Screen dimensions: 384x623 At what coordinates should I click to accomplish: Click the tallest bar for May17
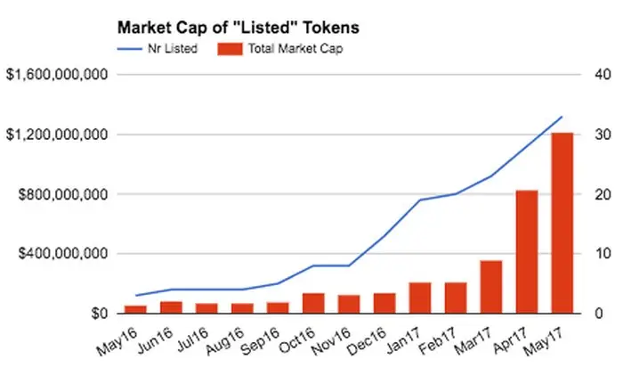(562, 223)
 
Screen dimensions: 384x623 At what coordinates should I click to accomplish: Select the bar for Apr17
(526, 251)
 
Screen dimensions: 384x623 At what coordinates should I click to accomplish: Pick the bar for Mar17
(490, 287)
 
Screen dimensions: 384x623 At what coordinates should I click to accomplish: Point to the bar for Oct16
(313, 303)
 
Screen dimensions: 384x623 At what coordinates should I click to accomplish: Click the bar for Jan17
(420, 298)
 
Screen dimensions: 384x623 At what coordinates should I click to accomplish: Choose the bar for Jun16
(171, 307)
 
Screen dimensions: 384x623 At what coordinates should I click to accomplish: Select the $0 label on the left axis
(97, 314)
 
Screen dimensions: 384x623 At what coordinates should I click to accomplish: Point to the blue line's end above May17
(562, 117)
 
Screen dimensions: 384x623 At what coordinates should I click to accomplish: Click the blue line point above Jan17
(420, 200)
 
